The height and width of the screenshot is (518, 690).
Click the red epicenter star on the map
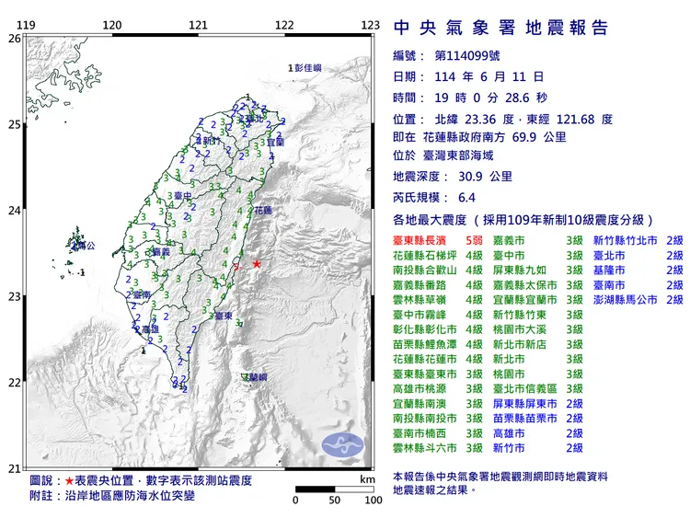coord(256,264)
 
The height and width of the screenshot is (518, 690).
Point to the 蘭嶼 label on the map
coord(257,377)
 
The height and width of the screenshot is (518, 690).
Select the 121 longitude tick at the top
coord(198,25)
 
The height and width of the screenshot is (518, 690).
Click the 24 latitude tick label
coord(14,210)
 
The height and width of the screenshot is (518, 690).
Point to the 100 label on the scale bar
coord(373,501)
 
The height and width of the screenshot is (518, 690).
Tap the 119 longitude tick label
coord(28,25)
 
